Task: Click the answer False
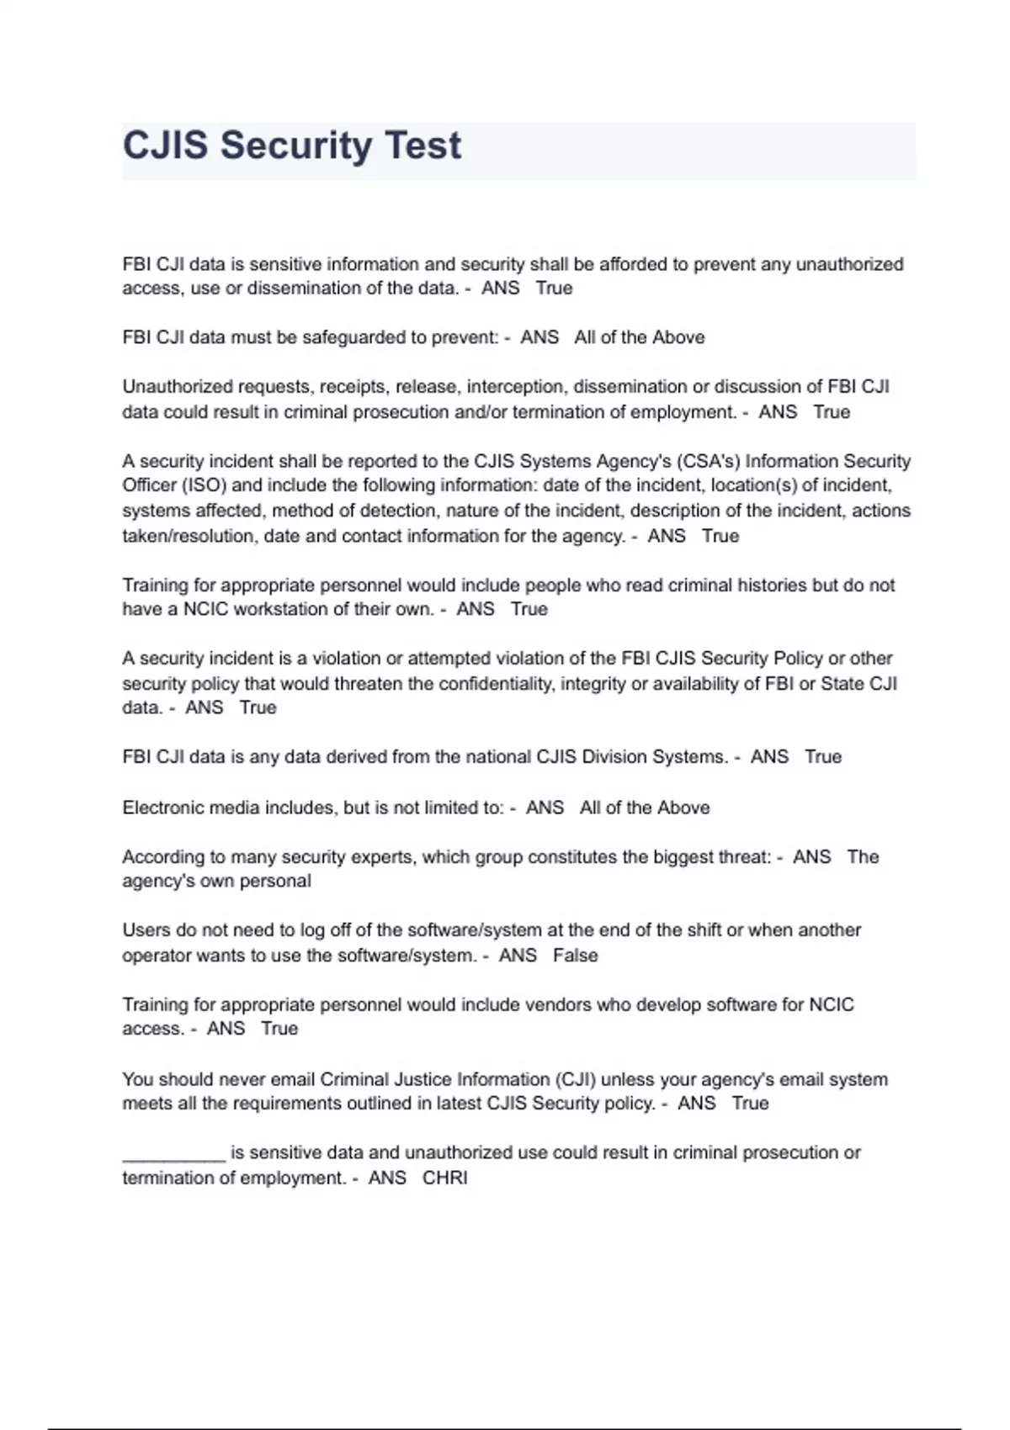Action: [x=576, y=956]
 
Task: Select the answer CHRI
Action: [x=444, y=1178]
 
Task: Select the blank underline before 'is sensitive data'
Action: [x=173, y=1153]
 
